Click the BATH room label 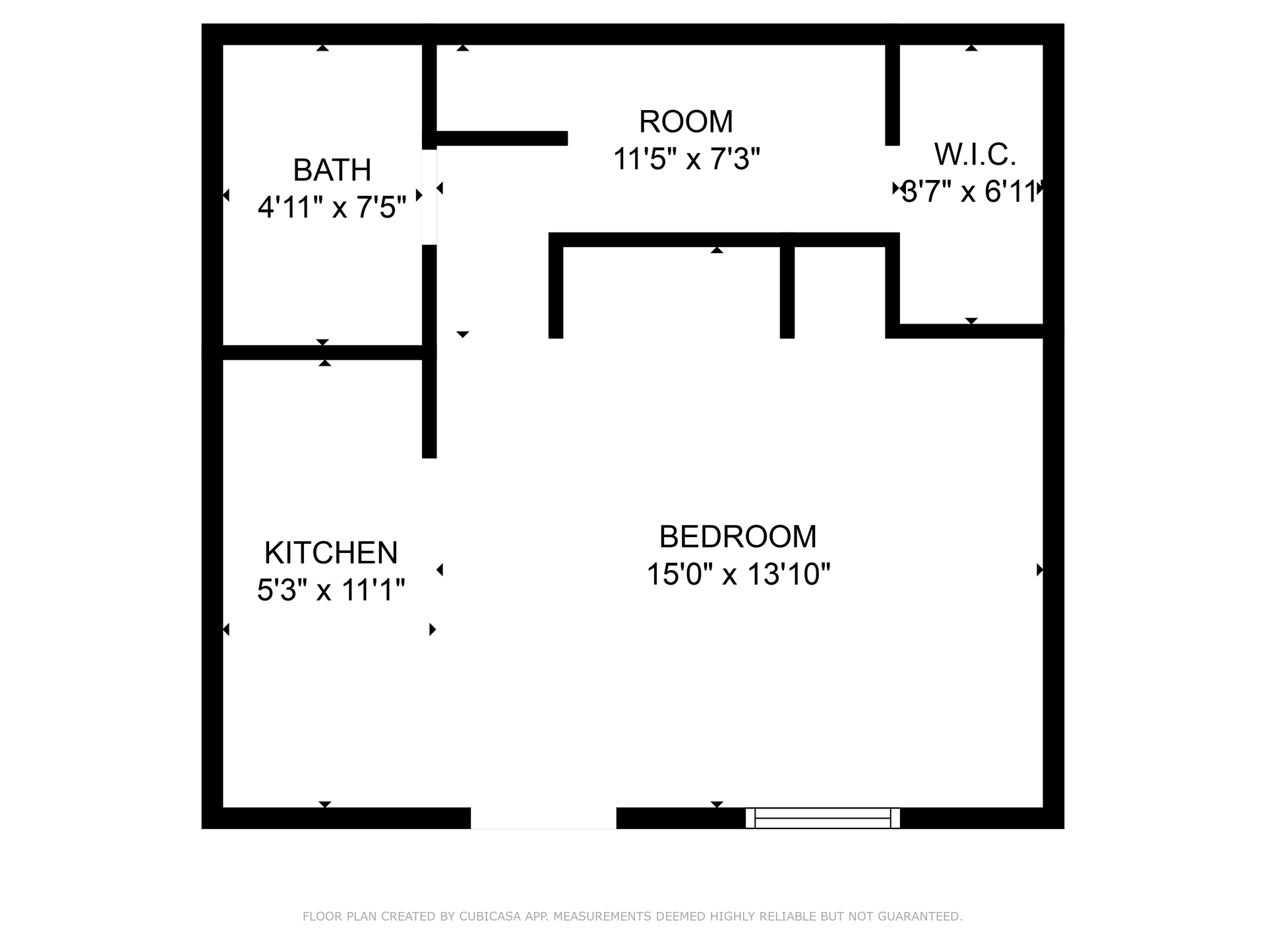pos(332,170)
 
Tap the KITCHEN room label pos(331,552)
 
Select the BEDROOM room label pos(738,536)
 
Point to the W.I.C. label pos(975,154)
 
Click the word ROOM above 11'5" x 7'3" pos(686,121)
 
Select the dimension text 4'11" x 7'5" pos(332,208)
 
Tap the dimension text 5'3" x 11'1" pos(331,590)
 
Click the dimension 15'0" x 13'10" pos(738,574)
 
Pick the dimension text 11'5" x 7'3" pos(686,159)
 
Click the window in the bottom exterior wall pos(822,818)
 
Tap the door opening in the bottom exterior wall pos(543,818)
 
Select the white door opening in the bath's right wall pos(429,197)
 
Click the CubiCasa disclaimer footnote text pos(632,916)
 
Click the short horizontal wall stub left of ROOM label pos(501,138)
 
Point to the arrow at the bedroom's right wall pos(1039,569)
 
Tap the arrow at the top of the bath pos(322,47)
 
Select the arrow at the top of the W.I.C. pos(971,47)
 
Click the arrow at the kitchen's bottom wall pos(324,804)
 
